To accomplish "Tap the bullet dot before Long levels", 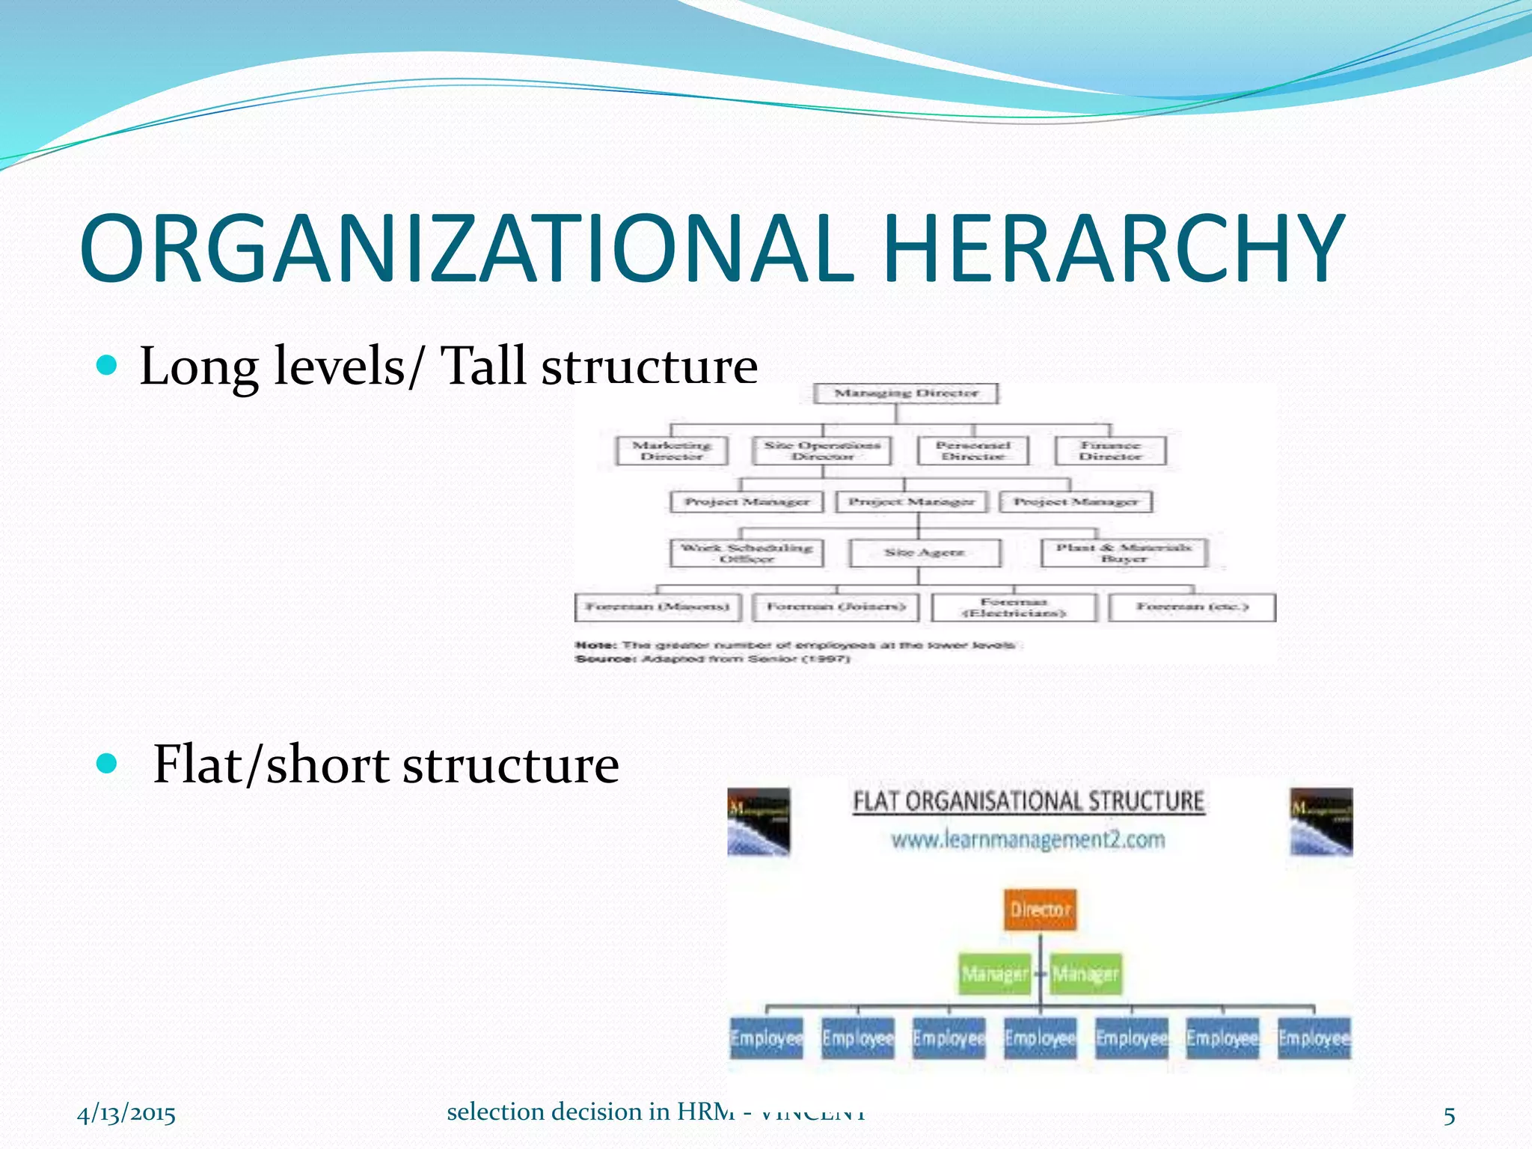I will (108, 365).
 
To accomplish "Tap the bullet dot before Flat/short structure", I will (108, 764).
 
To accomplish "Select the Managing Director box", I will (906, 393).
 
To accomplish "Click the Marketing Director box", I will (672, 450).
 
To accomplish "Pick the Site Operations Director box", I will (822, 450).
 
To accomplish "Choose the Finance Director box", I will (1110, 450).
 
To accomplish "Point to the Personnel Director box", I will (972, 450).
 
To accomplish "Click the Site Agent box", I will (925, 553).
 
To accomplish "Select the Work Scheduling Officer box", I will (747, 553).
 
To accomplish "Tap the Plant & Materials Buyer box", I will (1124, 553).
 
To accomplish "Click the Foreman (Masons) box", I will (658, 607).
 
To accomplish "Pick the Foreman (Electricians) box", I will (1014, 607).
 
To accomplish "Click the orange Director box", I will (1040, 910).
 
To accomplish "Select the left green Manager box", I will (995, 973).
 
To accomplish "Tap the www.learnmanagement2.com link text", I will (1028, 840).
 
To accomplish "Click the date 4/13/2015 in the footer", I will (126, 1115).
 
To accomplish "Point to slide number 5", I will (1449, 1116).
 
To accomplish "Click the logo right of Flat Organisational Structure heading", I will (1321, 821).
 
